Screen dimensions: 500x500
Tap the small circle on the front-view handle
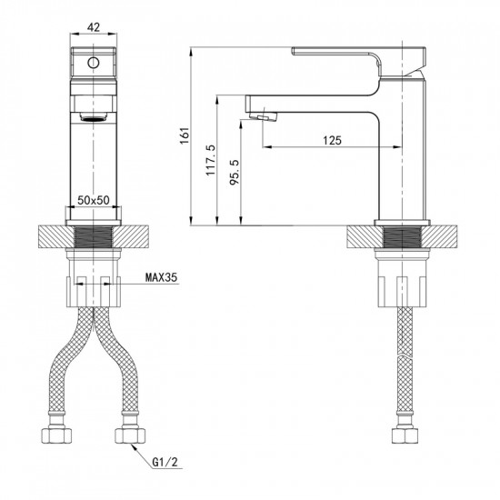(x=91, y=63)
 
